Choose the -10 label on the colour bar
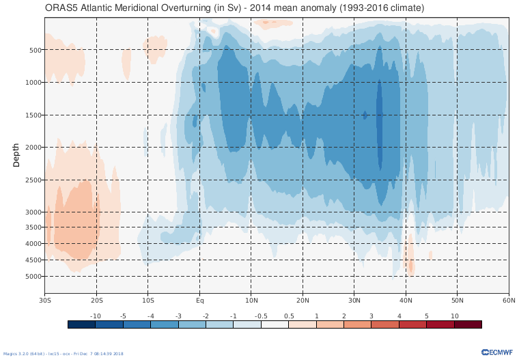pos(96,316)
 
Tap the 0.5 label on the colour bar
pos(288,316)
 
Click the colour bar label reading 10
pos(453,316)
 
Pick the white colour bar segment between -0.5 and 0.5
pos(275,324)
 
